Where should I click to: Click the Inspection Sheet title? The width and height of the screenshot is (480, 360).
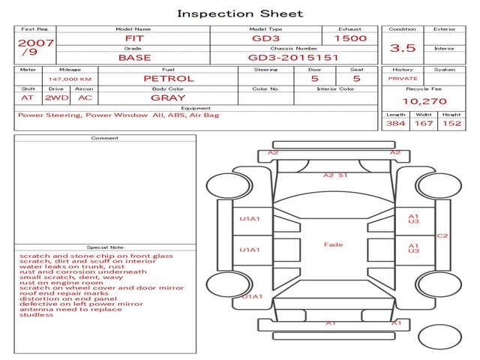click(x=240, y=13)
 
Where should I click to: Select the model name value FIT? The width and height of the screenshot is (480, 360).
click(x=133, y=37)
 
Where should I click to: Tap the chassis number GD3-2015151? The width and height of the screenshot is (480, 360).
click(x=293, y=57)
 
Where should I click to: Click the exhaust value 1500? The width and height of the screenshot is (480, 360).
click(x=350, y=37)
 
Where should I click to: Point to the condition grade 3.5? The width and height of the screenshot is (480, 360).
click(x=403, y=49)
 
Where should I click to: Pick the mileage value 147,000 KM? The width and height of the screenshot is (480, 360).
click(x=70, y=78)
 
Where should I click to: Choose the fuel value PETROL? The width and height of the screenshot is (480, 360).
click(x=168, y=78)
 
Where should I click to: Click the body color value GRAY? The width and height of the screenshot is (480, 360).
click(x=168, y=97)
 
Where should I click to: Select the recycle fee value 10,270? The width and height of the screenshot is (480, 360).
click(x=424, y=101)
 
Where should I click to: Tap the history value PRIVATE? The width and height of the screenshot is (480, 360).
click(x=403, y=78)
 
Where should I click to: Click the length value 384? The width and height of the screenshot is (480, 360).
click(x=395, y=123)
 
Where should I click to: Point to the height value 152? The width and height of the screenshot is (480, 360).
click(x=451, y=123)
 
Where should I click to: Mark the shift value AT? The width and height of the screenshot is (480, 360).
click(x=28, y=97)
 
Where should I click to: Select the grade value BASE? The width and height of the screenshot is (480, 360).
click(x=134, y=57)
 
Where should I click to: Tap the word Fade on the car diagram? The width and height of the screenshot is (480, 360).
click(x=333, y=244)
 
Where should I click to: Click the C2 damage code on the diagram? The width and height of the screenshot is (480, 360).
click(x=442, y=235)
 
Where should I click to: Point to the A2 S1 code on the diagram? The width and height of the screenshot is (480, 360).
click(x=335, y=175)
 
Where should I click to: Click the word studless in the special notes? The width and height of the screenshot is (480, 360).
click(x=37, y=315)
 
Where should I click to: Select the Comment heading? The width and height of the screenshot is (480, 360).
click(x=104, y=138)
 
